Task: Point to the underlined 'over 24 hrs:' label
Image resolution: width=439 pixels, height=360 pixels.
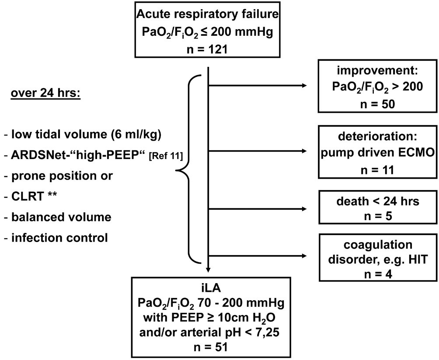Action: (43, 94)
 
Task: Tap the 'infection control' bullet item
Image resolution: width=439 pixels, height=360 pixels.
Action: (57, 238)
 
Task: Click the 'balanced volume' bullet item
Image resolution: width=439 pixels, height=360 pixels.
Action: (57, 217)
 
